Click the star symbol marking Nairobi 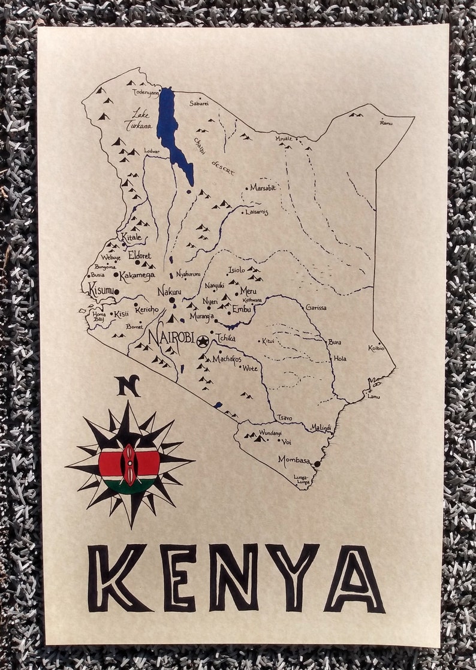click(x=203, y=341)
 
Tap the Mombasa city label click(x=294, y=460)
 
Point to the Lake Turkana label click(x=138, y=120)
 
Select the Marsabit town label click(x=263, y=188)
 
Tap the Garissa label click(x=316, y=307)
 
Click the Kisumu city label click(x=101, y=291)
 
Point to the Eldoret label click(x=140, y=255)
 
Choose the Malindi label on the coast click(x=321, y=427)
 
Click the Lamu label click(x=374, y=396)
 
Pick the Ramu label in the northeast click(x=386, y=123)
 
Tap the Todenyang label click(x=146, y=93)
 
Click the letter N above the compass click(x=128, y=385)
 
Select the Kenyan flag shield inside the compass click(x=129, y=464)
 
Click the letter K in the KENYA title click(x=117, y=577)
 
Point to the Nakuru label click(x=169, y=291)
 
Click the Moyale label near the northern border click(x=284, y=138)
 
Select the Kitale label click(x=132, y=237)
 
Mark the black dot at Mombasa click(x=317, y=463)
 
